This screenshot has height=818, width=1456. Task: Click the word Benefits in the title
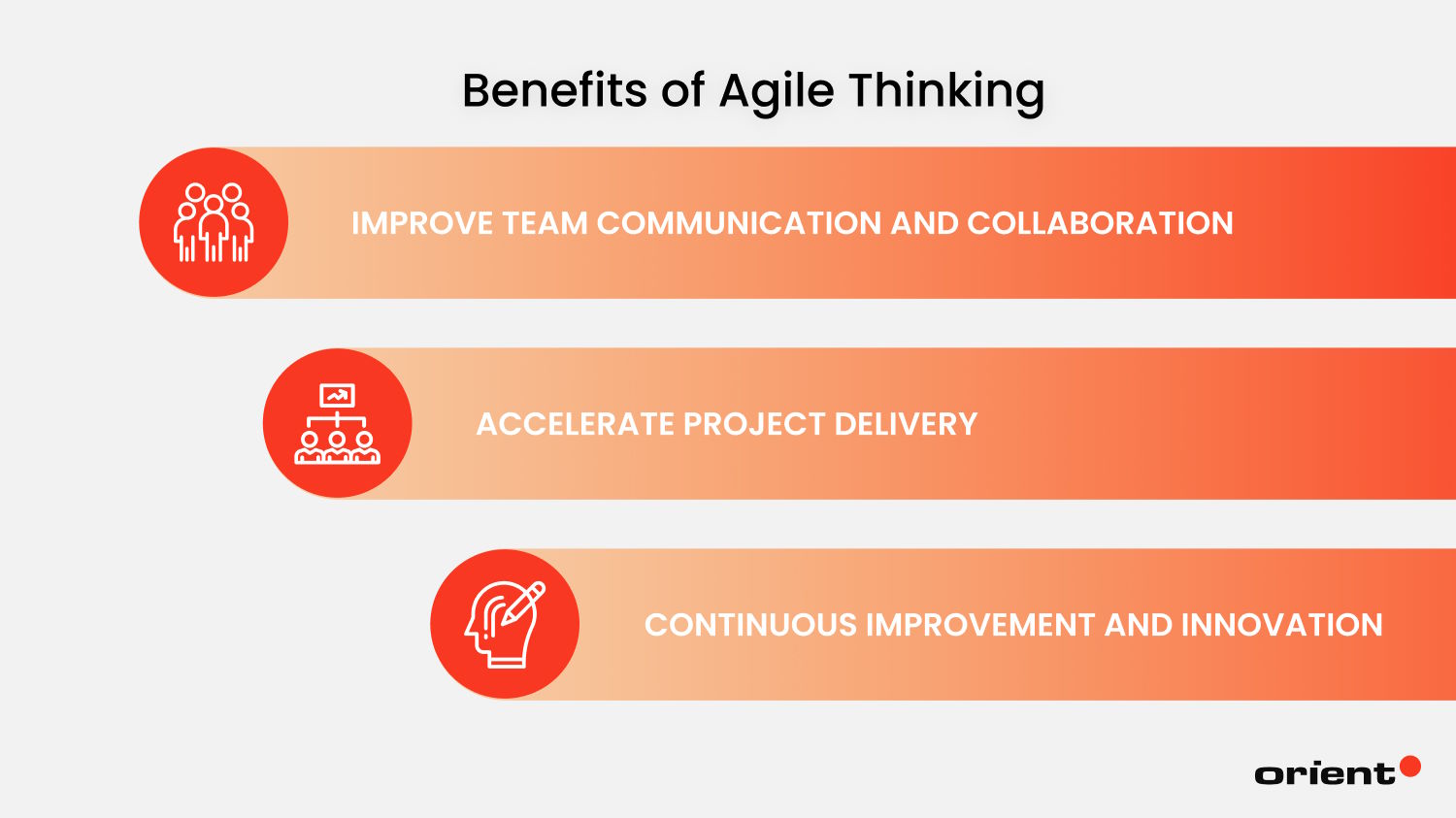click(x=554, y=90)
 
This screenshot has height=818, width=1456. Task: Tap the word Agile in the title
click(x=777, y=92)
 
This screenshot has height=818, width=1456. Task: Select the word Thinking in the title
click(x=946, y=92)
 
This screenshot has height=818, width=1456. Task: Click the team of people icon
click(x=214, y=222)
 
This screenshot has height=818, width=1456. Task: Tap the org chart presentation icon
click(x=337, y=423)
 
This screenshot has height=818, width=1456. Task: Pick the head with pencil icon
click(x=505, y=624)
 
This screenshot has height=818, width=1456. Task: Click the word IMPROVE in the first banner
click(x=422, y=223)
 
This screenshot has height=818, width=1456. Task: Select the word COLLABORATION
click(x=1100, y=223)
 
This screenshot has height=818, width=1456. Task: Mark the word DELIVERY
click(x=906, y=424)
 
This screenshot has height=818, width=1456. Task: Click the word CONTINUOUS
click(x=749, y=625)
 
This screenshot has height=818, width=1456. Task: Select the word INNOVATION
click(x=1281, y=625)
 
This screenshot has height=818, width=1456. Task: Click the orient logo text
click(x=1324, y=773)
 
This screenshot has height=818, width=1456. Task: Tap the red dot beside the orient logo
click(x=1410, y=767)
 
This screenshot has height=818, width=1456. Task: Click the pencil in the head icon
click(x=523, y=603)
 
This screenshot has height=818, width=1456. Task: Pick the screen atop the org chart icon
click(x=337, y=395)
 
